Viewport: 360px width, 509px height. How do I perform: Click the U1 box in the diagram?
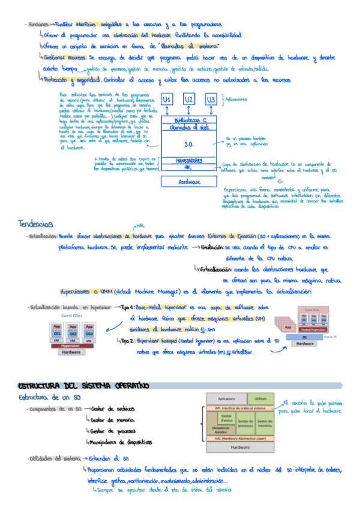point(169,100)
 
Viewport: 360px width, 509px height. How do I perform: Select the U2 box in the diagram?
point(189,100)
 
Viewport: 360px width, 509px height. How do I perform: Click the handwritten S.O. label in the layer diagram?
point(188,144)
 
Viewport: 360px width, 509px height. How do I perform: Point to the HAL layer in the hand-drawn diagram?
point(188,169)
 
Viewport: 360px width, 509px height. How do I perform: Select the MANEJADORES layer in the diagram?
point(188,161)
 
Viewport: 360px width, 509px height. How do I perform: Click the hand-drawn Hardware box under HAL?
point(188,182)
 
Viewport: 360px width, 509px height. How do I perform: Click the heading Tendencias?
point(37,224)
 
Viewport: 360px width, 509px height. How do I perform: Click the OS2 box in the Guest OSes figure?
point(73,334)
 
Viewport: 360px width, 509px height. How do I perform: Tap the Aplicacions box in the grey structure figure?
point(226,399)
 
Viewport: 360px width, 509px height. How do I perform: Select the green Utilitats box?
point(260,399)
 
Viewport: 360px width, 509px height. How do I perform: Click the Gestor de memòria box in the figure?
point(265,422)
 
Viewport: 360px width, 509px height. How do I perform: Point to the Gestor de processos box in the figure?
point(245,422)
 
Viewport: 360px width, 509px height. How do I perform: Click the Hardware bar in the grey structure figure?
point(241,447)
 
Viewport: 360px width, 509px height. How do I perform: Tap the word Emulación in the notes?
point(213,247)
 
